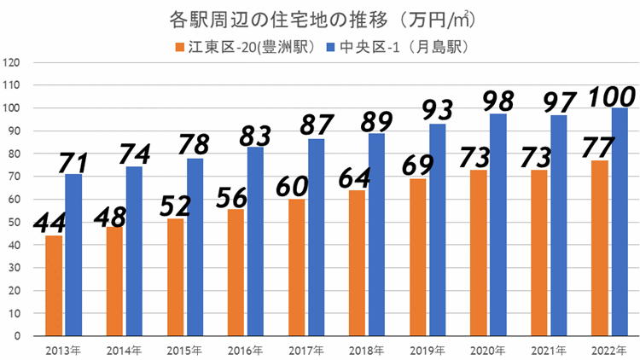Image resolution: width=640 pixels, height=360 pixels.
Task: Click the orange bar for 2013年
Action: point(54,286)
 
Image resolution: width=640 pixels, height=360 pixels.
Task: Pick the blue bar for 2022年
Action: point(620,222)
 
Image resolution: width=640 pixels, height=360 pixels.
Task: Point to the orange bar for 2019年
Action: point(418,257)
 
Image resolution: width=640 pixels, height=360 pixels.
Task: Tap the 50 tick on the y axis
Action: point(13,223)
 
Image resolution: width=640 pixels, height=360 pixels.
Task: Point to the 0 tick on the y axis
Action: point(15,336)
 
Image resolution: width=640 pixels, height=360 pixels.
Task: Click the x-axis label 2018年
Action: point(366,350)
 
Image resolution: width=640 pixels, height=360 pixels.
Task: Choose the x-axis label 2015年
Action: point(184,350)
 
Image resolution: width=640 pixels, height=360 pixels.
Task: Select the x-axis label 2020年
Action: point(487,350)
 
